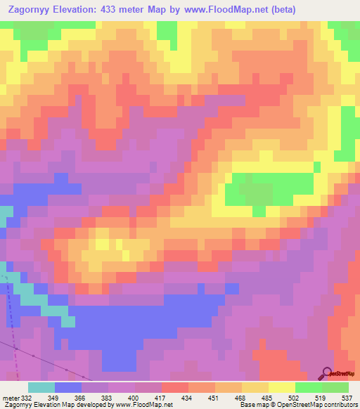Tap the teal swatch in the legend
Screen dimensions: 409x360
click(x=41, y=387)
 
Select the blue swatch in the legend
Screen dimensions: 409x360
click(x=68, y=387)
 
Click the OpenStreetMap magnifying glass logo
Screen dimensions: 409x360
click(x=328, y=372)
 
